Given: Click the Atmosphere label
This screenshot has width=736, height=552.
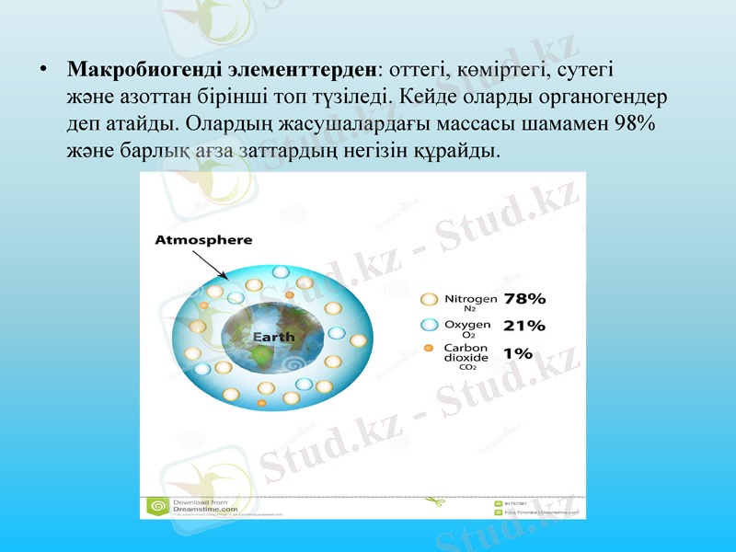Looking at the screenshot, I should [x=202, y=240].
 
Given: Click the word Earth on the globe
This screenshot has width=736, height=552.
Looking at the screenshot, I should [x=273, y=337].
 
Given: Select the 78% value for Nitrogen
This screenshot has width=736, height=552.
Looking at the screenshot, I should [x=524, y=299].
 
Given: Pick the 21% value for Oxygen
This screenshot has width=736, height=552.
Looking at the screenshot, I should [x=524, y=325].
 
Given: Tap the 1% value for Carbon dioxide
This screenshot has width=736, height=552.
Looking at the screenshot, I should [x=518, y=352].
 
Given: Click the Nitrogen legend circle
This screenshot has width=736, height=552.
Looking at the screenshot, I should [x=429, y=300].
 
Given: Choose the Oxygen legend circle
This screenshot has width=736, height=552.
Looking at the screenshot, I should [x=429, y=325].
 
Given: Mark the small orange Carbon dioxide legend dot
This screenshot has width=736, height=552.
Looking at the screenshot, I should [x=429, y=349].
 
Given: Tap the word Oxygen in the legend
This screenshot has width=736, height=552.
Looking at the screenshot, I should [x=468, y=324].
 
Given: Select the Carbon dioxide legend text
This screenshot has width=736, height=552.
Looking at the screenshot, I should [x=466, y=353].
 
